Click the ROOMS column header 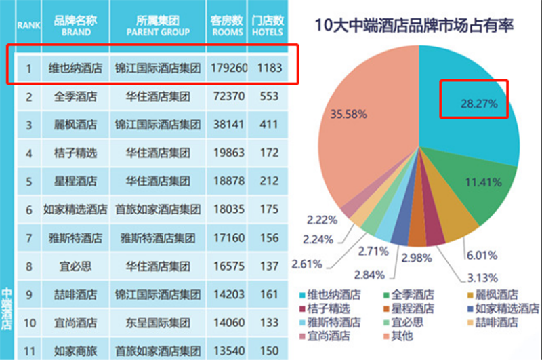[x=227, y=26]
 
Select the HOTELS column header [x=268, y=26]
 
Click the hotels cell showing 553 [x=269, y=97]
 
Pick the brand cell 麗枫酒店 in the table [x=75, y=125]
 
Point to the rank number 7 [x=29, y=239]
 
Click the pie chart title [x=414, y=27]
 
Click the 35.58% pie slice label [x=348, y=114]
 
